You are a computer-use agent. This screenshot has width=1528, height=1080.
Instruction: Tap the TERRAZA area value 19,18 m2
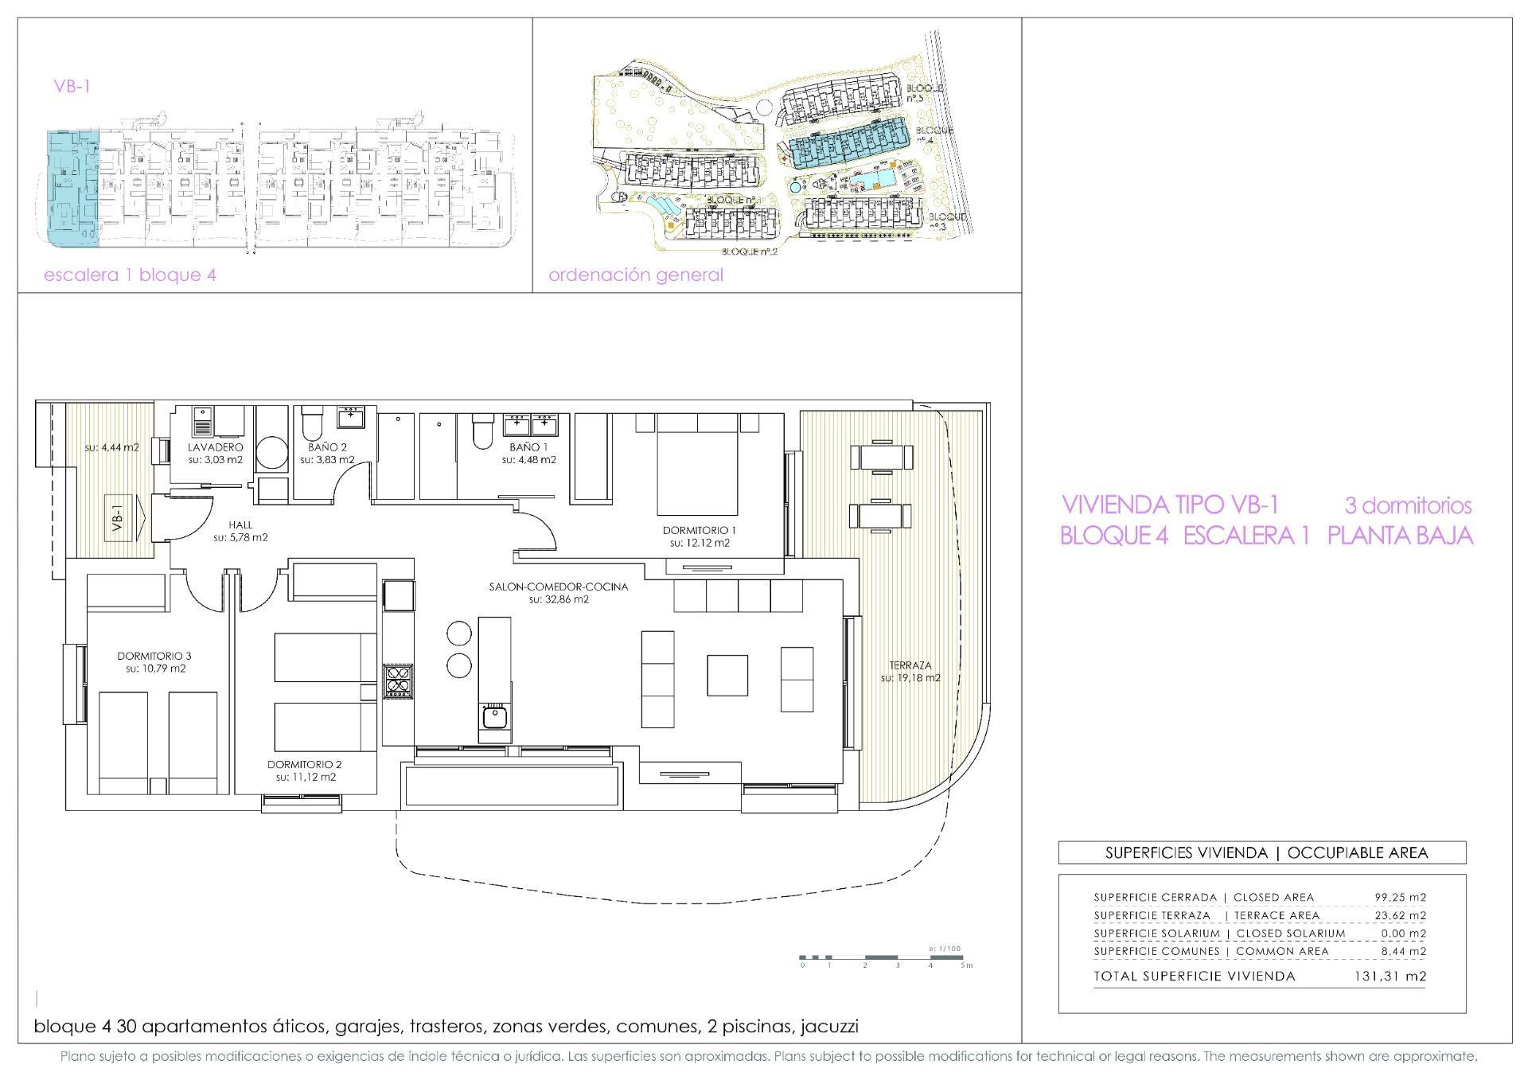910,678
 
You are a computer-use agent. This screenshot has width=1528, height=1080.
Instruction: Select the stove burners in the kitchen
398,681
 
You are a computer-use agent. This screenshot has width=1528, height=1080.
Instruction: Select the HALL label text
240,524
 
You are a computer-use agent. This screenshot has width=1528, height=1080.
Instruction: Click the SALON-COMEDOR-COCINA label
559,587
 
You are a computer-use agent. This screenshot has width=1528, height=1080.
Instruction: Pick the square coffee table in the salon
727,676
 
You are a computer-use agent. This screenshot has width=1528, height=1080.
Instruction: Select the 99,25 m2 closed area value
1401,897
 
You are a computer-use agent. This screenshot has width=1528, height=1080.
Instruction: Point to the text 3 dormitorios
1408,505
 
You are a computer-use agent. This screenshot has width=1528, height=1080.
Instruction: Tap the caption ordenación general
636,275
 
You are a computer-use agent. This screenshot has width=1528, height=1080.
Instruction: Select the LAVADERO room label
215,447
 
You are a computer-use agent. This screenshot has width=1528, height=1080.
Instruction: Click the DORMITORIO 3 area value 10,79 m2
155,669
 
